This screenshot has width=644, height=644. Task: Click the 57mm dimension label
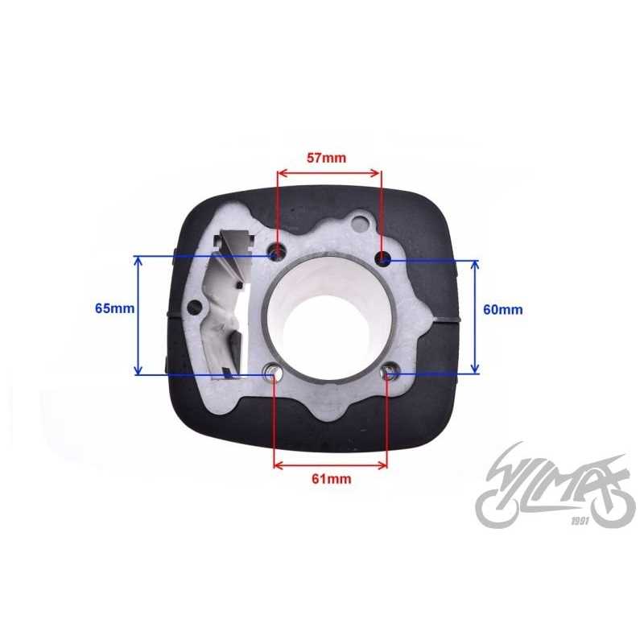[327, 158]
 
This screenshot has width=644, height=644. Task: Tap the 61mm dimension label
[332, 479]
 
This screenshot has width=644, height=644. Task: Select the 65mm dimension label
[114, 308]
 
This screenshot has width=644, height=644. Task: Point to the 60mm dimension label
[502, 309]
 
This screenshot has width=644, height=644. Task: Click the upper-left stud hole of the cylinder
[278, 252]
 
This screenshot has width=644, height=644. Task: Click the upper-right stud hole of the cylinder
[384, 257]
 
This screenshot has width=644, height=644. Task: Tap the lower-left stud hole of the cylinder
[273, 372]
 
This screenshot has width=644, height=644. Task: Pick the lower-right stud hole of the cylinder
[389, 372]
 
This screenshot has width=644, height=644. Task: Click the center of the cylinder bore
[327, 318]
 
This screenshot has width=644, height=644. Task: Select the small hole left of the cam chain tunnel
[195, 307]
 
